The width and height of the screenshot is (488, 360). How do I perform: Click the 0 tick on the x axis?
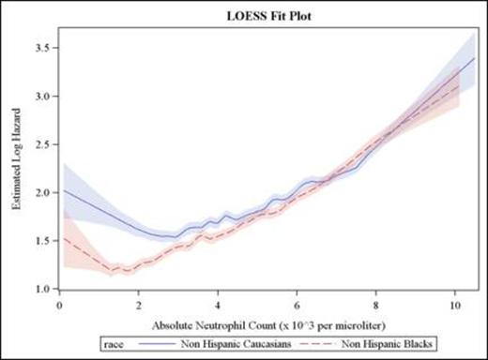60,305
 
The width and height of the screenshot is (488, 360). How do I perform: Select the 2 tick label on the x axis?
139,305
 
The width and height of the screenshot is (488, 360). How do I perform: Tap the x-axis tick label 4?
218,305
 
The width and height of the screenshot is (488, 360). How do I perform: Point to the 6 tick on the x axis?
297,305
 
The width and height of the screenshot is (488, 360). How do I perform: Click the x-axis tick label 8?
375,305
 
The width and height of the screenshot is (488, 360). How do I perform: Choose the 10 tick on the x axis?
454,305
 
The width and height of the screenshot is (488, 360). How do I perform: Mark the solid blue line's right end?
474,58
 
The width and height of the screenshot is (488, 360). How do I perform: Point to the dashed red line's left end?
60,238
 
